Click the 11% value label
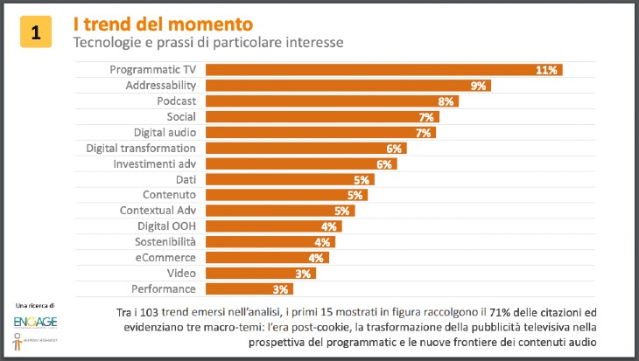(548, 70)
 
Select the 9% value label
(478, 86)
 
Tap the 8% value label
(446, 101)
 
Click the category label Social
(181, 117)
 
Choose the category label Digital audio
(165, 133)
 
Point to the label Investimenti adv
(155, 164)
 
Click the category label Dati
(185, 180)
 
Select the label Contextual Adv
(157, 211)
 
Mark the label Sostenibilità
(165, 242)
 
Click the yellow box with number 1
(35, 33)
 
